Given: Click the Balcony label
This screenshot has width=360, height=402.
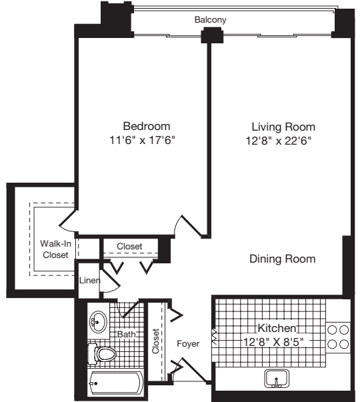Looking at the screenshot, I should point(211,20).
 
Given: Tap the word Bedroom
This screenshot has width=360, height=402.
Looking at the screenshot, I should point(146,126).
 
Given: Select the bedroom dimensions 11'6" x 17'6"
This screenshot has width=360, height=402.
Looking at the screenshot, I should point(146,140).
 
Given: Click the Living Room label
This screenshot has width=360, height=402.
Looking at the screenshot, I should point(283,126).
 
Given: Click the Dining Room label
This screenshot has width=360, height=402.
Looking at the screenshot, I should point(283,259).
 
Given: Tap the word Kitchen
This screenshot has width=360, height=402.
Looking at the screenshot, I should point(278,328).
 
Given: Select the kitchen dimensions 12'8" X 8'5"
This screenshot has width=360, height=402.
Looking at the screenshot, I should point(278,341).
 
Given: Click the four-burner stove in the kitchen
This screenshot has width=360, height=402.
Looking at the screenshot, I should point(339,336).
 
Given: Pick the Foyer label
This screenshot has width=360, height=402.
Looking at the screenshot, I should point(188,344).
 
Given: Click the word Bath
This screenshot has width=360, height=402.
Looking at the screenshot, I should point(127,333).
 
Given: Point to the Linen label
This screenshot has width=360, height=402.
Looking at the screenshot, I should point(89,281).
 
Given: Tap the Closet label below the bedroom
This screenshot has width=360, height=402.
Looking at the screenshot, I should point(129,246).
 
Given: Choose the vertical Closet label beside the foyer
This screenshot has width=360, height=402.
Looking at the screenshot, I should point(157,341).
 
